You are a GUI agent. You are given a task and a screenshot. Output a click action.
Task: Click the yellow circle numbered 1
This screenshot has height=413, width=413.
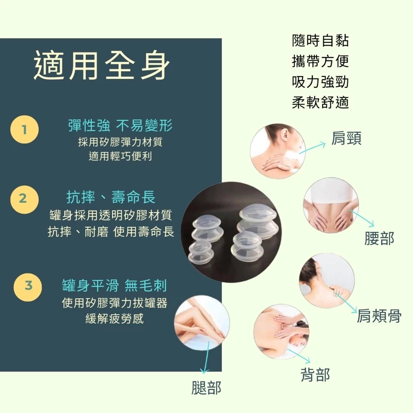tap(24, 130)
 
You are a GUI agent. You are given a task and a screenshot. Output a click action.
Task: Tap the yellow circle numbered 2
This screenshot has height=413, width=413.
tap(24, 199)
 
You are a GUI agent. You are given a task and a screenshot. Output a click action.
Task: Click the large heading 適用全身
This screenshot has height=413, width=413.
tap(102, 66)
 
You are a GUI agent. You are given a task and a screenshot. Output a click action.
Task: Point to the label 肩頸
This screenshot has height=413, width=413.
tap(346, 138)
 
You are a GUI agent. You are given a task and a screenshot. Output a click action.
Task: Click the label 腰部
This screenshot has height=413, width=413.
tap(379, 239)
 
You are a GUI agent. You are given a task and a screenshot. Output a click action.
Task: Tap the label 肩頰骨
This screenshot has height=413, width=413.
tap(379, 315)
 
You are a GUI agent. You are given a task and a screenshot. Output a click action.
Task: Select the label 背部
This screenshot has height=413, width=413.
tap(315, 375)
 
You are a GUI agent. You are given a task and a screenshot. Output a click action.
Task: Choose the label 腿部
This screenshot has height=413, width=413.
tap(206, 388)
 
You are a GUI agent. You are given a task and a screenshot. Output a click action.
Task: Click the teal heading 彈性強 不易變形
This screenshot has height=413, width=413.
tap(120, 125)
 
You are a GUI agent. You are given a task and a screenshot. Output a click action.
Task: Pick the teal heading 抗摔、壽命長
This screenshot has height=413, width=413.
tap(111, 197)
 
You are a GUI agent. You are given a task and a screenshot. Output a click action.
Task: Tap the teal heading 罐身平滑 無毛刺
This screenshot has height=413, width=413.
tap(115, 285)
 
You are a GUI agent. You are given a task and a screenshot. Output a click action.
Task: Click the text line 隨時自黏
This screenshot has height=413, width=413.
tap(320, 41)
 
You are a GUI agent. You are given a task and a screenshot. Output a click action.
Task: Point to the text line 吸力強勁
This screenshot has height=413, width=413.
tap(320, 82)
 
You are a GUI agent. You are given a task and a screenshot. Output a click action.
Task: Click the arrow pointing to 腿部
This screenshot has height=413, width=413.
tap(205, 357)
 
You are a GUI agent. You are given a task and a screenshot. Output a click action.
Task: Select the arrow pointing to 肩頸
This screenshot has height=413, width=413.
tap(313, 148)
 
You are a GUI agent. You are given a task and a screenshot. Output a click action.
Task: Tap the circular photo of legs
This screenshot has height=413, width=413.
tap(202, 323)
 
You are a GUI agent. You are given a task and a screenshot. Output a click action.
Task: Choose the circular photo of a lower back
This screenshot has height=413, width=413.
tap(330, 205)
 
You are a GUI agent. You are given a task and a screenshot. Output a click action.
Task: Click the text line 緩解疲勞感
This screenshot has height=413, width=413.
tap(115, 319)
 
